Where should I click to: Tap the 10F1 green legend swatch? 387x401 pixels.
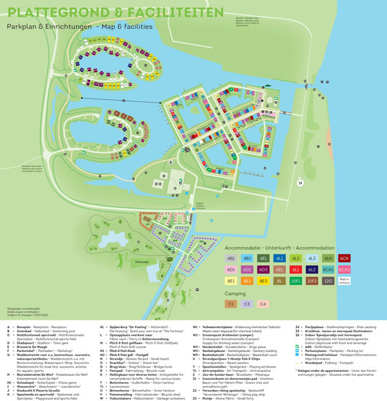coord(297,280)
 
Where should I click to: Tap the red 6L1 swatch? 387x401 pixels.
coord(297,269)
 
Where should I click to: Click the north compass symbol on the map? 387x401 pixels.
coord(299,183)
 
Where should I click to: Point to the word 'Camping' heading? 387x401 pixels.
coord(237,293)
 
